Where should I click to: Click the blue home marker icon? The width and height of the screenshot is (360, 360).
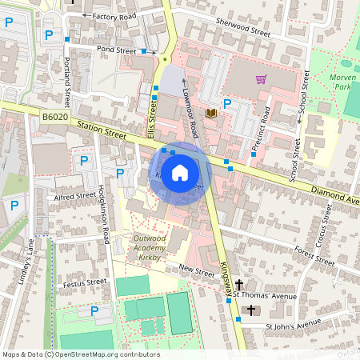[180, 172]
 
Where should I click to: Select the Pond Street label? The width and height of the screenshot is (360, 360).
[116, 50]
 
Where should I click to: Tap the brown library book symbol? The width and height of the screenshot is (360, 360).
[210, 114]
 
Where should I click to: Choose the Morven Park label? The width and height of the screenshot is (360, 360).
[342, 81]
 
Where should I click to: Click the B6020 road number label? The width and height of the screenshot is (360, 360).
[55, 117]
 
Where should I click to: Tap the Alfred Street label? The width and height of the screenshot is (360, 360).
[75, 196]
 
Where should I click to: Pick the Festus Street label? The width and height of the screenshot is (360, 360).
[85, 282]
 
